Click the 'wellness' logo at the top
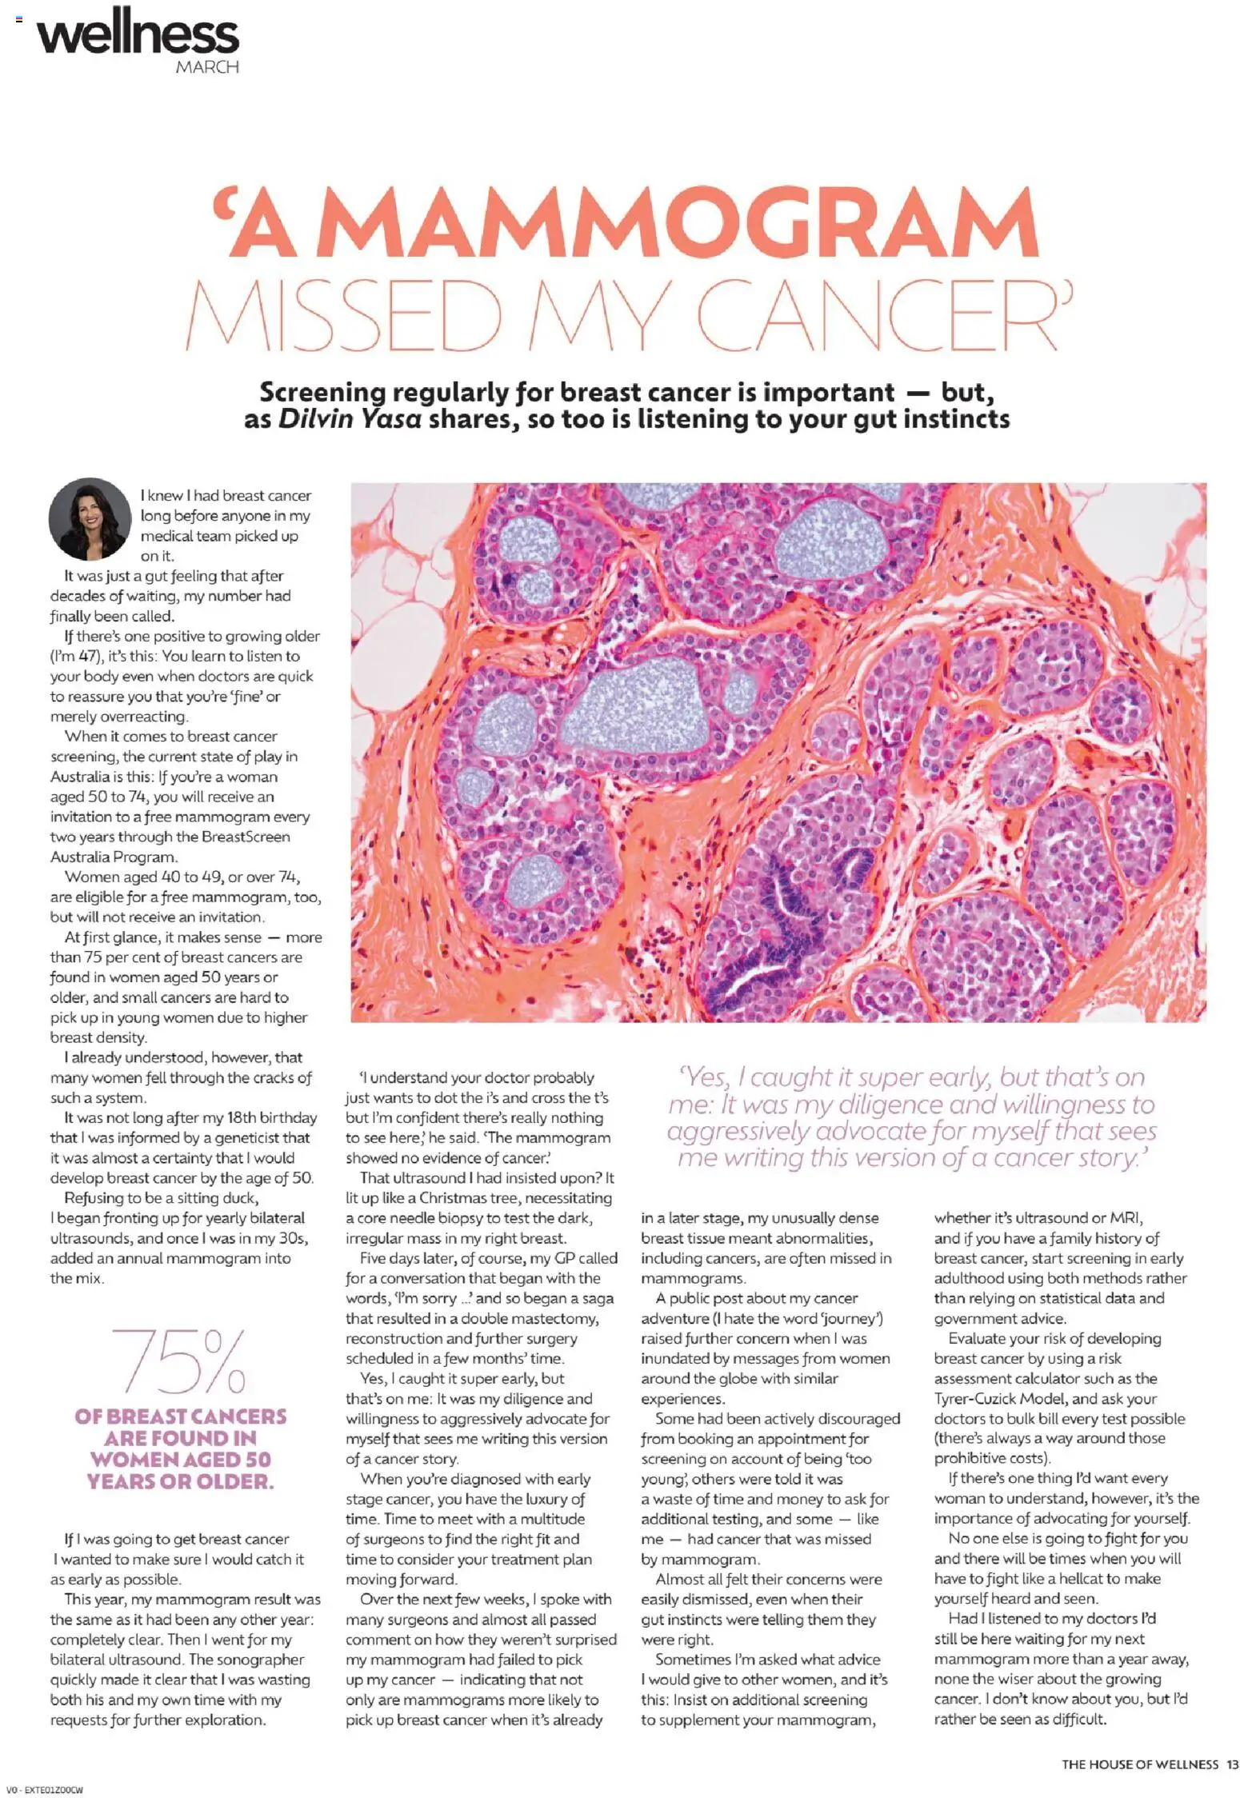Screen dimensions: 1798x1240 (x=138, y=34)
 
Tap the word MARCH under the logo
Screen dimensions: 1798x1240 (x=207, y=67)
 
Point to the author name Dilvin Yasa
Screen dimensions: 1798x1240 (x=350, y=419)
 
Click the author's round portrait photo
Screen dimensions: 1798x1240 (x=90, y=518)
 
